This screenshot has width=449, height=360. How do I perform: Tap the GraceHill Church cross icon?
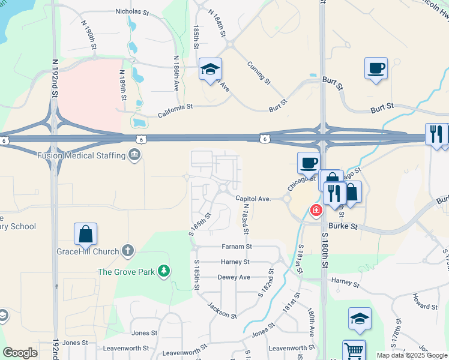128,251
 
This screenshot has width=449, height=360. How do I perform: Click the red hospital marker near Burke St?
315,211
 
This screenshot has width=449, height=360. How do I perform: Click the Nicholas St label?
131,11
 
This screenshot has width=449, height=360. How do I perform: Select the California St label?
175,107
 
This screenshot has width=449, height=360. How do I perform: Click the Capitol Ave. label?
254,199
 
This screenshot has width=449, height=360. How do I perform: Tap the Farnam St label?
237,246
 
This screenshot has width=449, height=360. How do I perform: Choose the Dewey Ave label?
234,277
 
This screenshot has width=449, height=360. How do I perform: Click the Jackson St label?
221,310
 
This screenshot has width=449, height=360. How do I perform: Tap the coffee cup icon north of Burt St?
376,68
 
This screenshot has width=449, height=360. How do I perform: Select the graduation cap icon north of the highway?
211,70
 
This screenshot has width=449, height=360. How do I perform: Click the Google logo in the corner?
20,353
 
